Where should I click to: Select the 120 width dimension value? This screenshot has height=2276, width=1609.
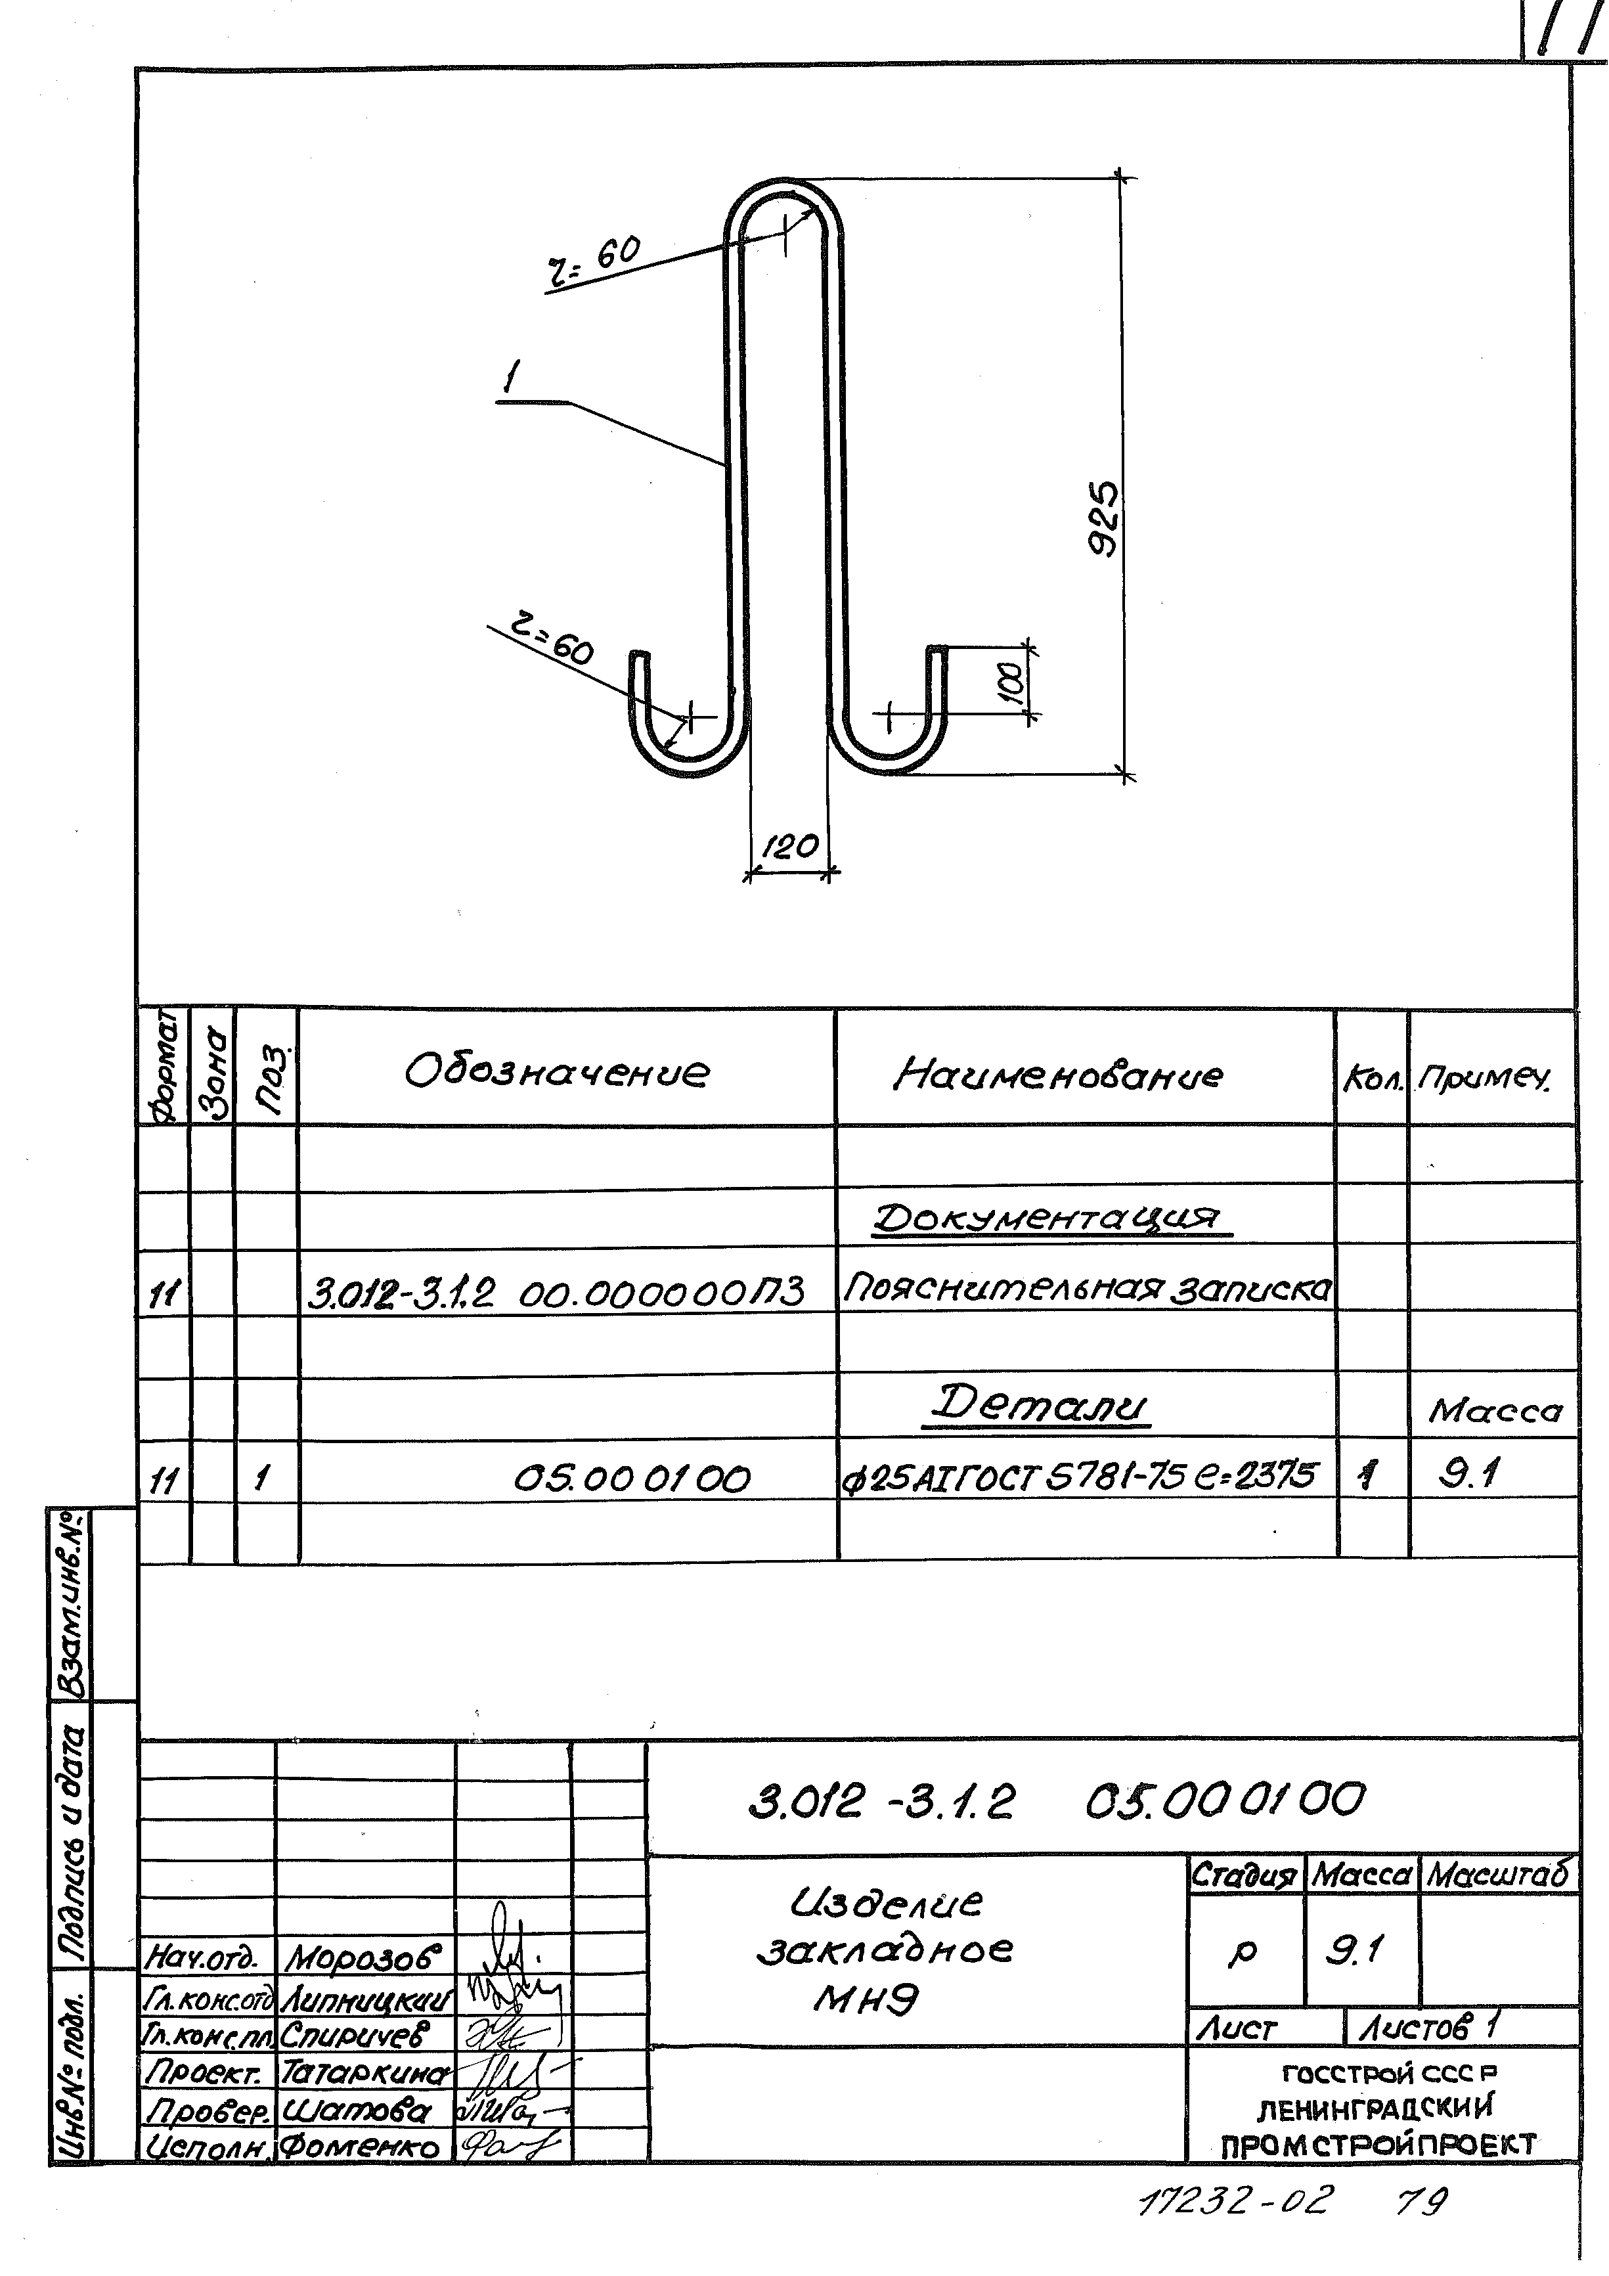tap(790, 845)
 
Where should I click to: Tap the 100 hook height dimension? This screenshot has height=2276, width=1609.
tap(1009, 683)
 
